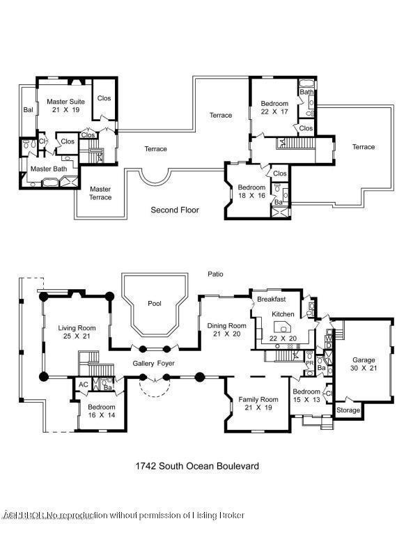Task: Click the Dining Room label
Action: (x=227, y=329)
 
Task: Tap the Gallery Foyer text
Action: (x=154, y=364)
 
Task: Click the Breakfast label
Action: (x=272, y=299)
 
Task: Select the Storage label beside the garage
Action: (x=348, y=410)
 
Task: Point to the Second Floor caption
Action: (x=175, y=210)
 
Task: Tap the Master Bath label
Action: (x=48, y=169)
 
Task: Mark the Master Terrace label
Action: (x=100, y=193)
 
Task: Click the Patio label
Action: (x=215, y=274)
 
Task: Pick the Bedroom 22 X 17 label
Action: (x=274, y=107)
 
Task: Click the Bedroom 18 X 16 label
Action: (x=251, y=192)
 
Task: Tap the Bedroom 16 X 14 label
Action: (x=101, y=412)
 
